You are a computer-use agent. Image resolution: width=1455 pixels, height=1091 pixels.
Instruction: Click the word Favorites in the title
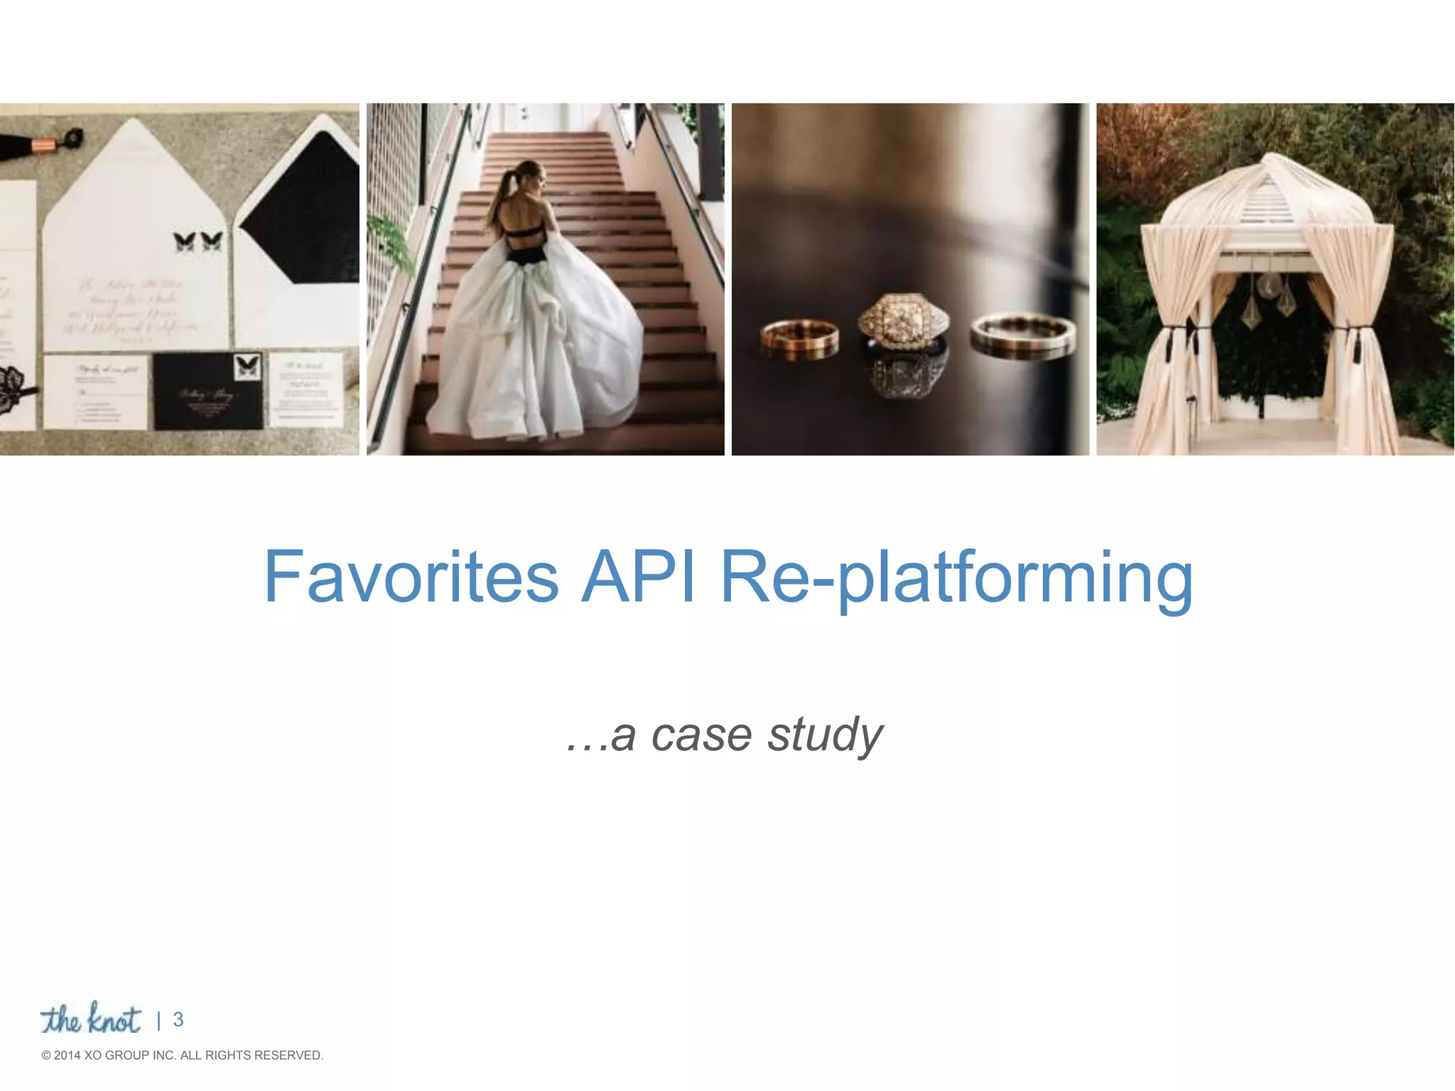point(411,577)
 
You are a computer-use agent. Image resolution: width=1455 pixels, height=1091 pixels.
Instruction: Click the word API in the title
point(637,577)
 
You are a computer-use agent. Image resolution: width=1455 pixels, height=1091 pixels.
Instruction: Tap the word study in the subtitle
point(825,735)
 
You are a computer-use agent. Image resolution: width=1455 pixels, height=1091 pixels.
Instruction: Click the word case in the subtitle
point(701,735)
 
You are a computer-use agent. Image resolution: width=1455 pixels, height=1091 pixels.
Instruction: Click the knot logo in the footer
point(91,1020)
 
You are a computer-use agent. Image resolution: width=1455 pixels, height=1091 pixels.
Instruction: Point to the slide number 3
point(178,1020)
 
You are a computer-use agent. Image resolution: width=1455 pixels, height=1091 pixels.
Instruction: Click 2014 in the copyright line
point(67,1055)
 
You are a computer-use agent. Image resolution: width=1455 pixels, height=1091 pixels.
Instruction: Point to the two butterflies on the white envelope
point(198,241)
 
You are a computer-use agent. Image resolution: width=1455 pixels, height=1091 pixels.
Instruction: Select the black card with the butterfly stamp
point(208,391)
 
